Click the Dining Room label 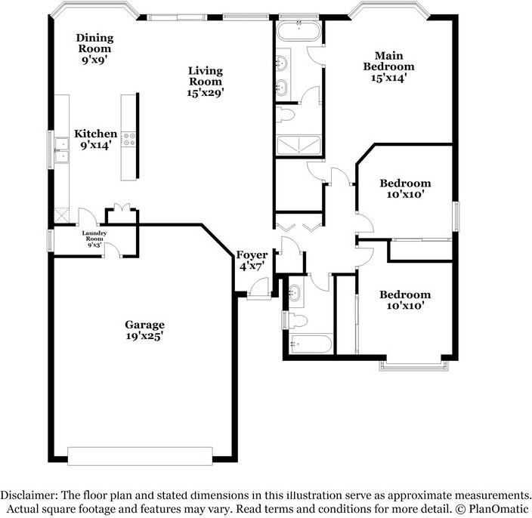95,43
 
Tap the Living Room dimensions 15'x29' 206,92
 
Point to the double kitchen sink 60,152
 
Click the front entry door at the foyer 259,288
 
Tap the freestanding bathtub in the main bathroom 298,32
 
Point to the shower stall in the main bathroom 298,145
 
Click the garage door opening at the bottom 142,455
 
